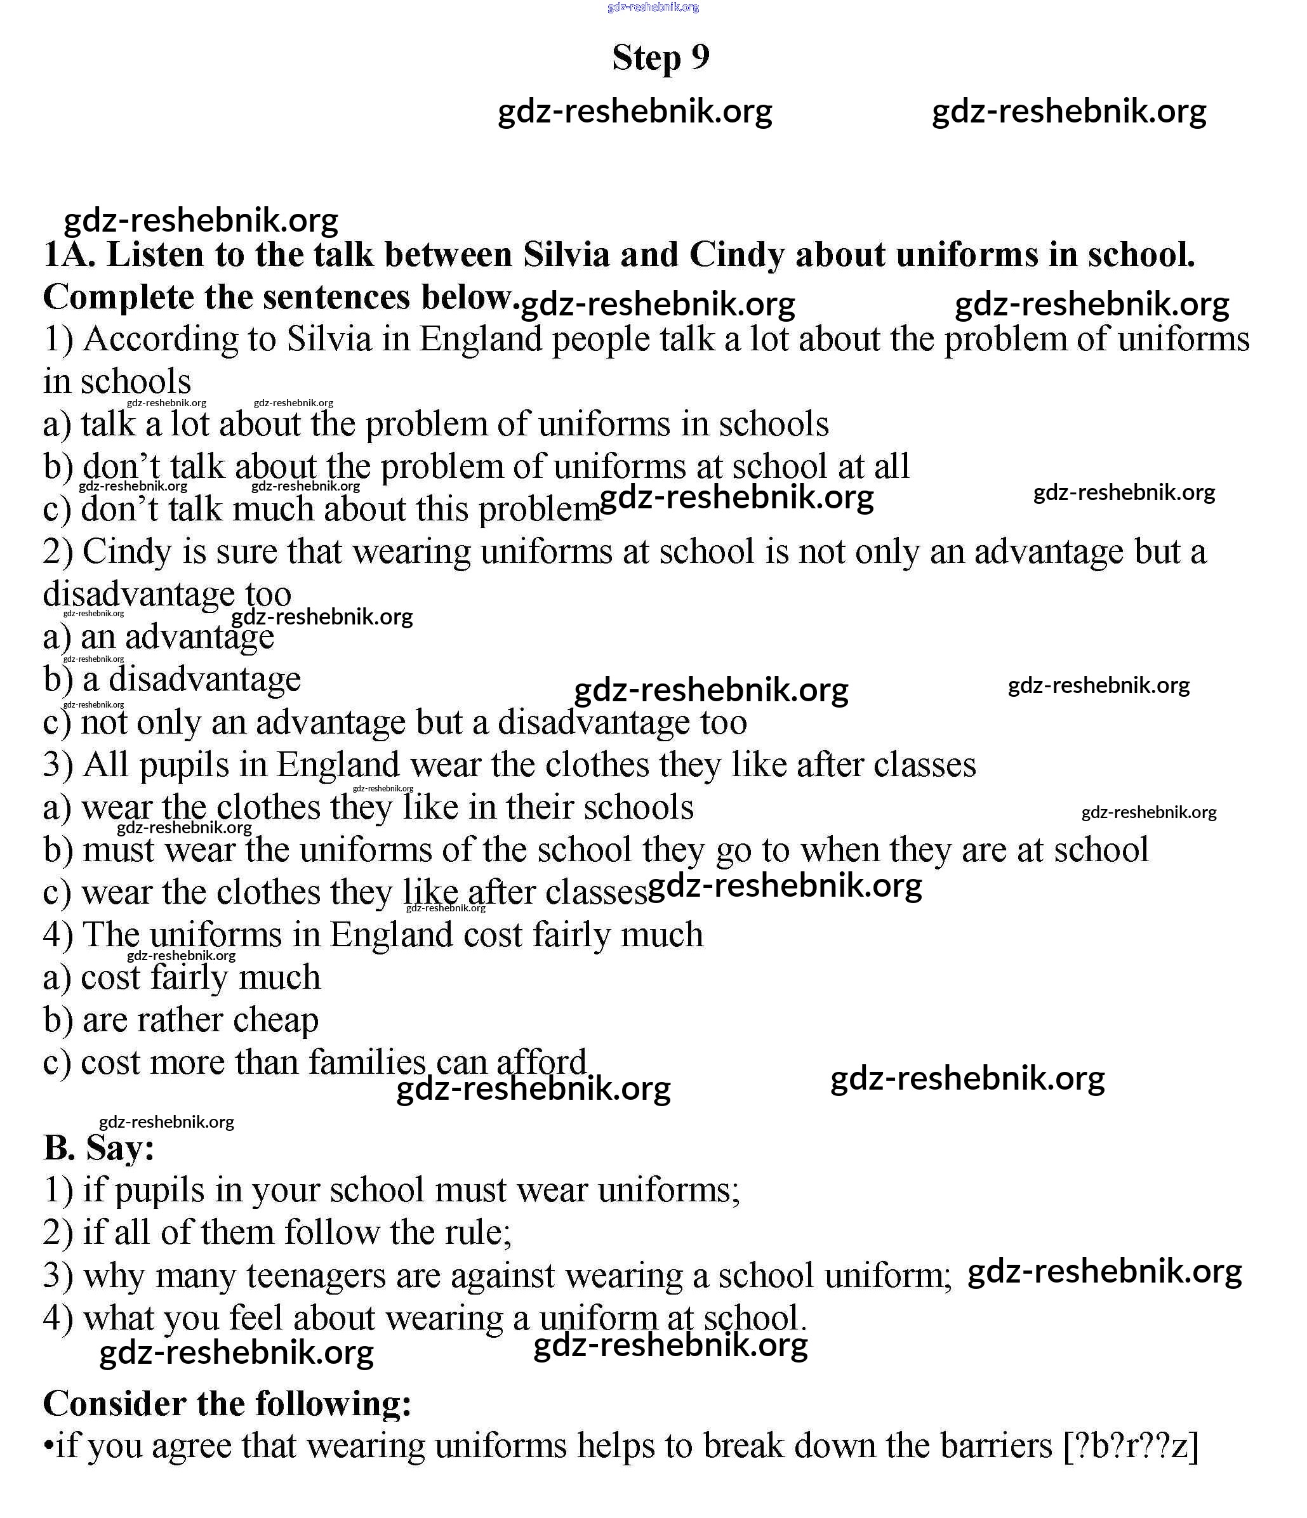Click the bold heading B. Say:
coord(99,1147)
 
